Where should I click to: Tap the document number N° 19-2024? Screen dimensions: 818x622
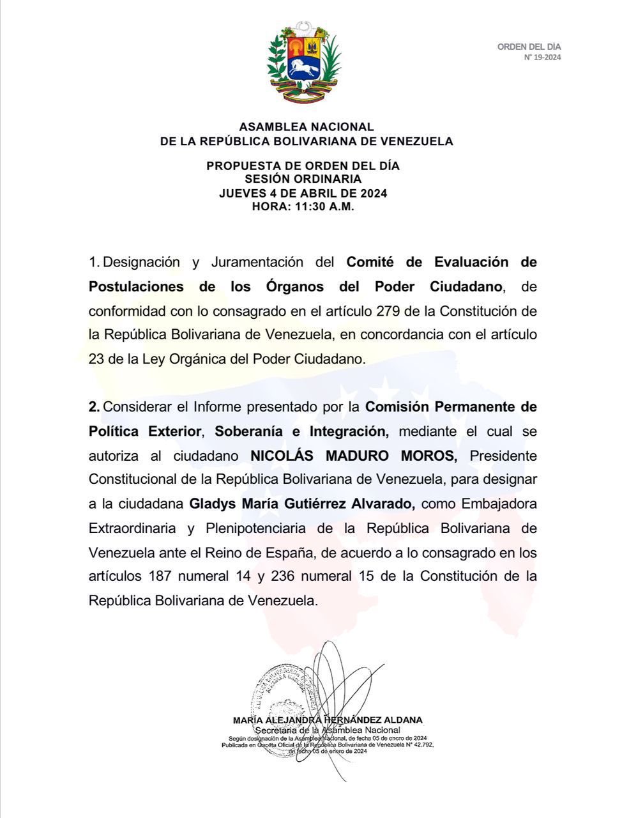(x=542, y=58)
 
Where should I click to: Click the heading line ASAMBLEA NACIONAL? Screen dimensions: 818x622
(x=307, y=127)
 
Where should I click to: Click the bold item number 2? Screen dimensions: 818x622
(x=94, y=407)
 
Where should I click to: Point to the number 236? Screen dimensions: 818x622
(x=283, y=576)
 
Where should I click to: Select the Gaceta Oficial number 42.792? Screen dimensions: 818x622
(x=420, y=745)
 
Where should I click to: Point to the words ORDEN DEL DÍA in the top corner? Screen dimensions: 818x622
(x=529, y=47)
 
